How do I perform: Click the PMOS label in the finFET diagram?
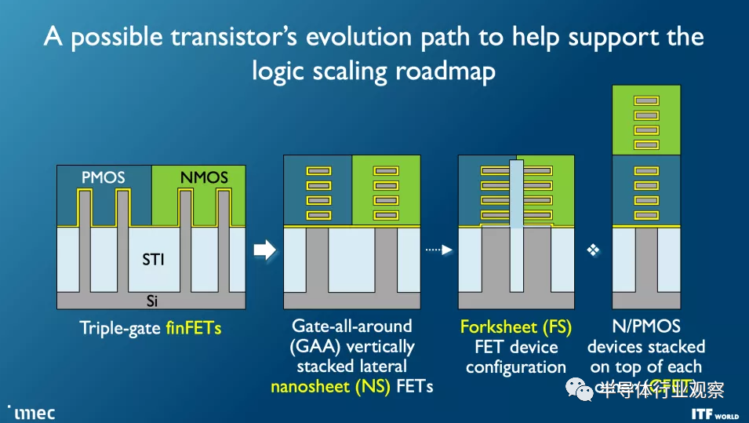[x=104, y=178]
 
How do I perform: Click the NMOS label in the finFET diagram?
[x=203, y=178]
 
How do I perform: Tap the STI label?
[x=153, y=259]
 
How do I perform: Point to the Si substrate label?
[x=153, y=301]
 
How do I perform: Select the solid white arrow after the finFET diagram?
[x=265, y=250]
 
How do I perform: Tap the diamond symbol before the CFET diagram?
[x=593, y=250]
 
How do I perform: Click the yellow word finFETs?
[x=193, y=328]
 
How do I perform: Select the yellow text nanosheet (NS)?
[x=330, y=386]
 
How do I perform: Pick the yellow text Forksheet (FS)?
[x=516, y=326]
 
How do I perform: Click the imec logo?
[x=31, y=411]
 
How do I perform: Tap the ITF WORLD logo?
[x=714, y=413]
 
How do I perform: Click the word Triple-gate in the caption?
[x=120, y=328]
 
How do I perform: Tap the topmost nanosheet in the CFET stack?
[x=645, y=100]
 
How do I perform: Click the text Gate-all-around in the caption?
[x=352, y=326]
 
